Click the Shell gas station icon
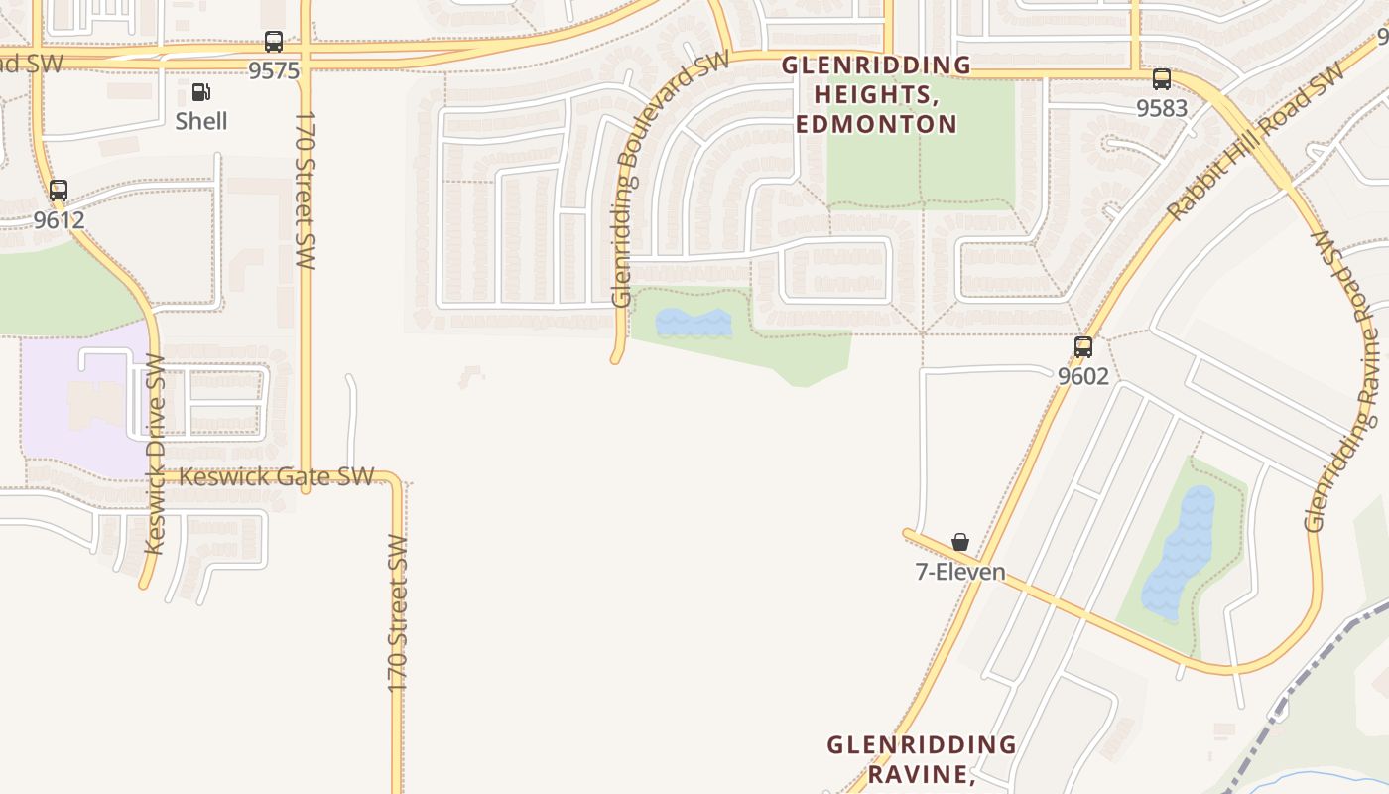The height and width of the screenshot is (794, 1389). [x=200, y=93]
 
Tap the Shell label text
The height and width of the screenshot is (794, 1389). [x=201, y=121]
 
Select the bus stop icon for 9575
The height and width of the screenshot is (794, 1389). [x=274, y=42]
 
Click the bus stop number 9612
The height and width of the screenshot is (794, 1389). [x=60, y=219]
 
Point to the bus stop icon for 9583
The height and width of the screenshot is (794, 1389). [x=1162, y=79]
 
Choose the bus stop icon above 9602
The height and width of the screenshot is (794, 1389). [x=1083, y=347]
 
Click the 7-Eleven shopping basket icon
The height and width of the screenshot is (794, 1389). [x=960, y=542]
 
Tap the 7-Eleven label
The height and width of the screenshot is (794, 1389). [x=960, y=572]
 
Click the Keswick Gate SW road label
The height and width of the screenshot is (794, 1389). [x=276, y=476]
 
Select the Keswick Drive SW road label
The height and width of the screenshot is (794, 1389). [x=155, y=454]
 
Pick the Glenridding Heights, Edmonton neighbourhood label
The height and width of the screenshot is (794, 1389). [x=876, y=94]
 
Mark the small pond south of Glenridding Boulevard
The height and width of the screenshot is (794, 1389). [x=694, y=323]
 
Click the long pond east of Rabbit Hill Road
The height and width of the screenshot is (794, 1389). [x=1180, y=553]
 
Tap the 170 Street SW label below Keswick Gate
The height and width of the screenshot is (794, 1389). [x=398, y=613]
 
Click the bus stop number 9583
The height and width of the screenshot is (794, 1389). [x=1162, y=108]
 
